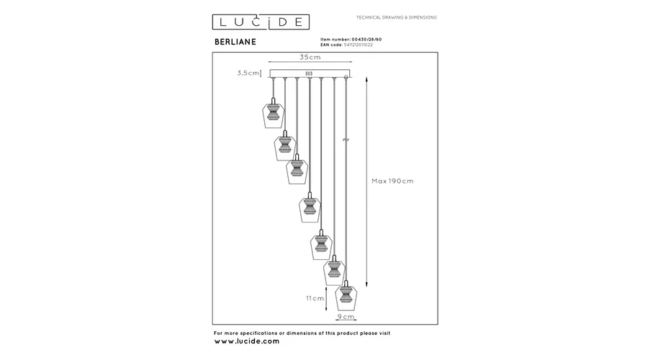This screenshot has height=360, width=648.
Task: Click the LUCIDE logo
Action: [x=261, y=22]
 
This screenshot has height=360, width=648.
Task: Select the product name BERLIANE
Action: [x=235, y=42]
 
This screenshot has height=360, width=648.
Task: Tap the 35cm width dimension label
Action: [x=310, y=57]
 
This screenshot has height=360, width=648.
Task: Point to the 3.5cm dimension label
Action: [x=248, y=73]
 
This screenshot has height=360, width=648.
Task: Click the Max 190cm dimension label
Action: [x=392, y=181]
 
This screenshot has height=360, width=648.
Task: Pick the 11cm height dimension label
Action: [x=315, y=298]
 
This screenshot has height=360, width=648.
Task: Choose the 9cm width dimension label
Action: [x=346, y=317]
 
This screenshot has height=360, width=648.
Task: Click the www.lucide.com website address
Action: [x=247, y=341]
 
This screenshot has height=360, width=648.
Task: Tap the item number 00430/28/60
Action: [x=366, y=40]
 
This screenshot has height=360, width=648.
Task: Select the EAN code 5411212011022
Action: [x=358, y=45]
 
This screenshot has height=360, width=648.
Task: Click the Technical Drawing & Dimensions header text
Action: [x=396, y=17]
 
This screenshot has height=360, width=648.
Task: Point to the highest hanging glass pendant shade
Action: [x=273, y=113]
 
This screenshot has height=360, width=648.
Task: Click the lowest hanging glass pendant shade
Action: [x=346, y=296]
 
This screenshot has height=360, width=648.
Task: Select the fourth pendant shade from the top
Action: [x=310, y=207]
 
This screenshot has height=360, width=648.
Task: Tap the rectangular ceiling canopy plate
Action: [x=310, y=73]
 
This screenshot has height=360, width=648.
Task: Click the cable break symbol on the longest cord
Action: [x=346, y=140]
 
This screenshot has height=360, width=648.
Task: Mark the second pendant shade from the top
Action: [x=285, y=145]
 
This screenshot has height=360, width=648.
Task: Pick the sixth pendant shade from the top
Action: [x=334, y=270]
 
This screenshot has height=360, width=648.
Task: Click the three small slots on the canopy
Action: [x=309, y=73]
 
